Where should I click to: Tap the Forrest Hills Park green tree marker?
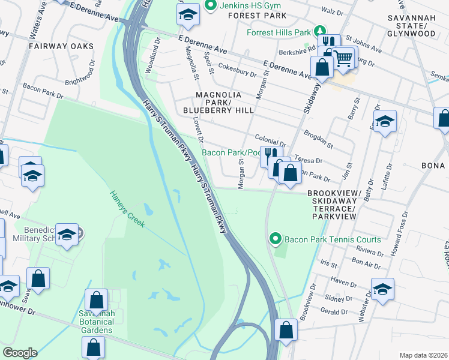click(x=321, y=31)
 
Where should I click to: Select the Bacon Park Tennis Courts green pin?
click(x=276, y=239)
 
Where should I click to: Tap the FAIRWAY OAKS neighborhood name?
click(x=61, y=46)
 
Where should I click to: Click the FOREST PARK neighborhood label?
click(x=255, y=16)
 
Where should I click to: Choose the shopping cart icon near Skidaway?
click(x=343, y=58)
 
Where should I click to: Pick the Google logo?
click(x=19, y=353)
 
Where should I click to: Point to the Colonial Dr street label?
click(x=270, y=142)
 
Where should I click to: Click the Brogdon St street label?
click(x=318, y=141)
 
